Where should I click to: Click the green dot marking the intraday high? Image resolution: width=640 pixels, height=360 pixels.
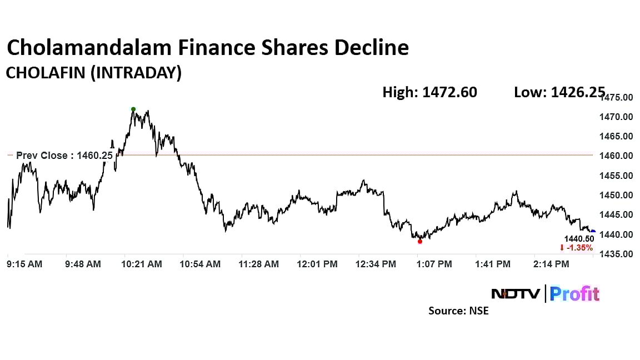(x=133, y=109)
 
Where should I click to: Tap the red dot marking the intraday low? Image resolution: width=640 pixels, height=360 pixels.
(x=420, y=241)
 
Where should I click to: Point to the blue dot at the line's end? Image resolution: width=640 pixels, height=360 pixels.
(x=593, y=232)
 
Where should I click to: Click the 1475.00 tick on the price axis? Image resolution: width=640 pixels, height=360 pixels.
(x=618, y=98)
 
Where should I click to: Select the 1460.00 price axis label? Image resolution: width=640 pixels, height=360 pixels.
(x=618, y=156)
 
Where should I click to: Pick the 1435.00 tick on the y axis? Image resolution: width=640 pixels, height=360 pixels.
(x=618, y=254)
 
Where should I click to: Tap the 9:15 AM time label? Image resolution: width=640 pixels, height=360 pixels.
(x=24, y=264)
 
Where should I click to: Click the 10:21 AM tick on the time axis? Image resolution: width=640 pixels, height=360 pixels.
(x=142, y=264)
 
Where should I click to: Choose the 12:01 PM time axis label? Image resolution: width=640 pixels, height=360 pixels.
(x=318, y=264)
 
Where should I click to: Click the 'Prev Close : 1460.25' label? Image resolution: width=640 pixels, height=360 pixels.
(x=64, y=156)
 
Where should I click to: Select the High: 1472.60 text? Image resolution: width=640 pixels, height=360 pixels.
(x=429, y=92)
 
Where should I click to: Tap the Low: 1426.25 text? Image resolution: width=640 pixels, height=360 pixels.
(x=559, y=92)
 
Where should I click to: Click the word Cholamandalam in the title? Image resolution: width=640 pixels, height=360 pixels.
(x=89, y=48)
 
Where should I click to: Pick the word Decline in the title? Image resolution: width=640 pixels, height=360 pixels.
(x=371, y=48)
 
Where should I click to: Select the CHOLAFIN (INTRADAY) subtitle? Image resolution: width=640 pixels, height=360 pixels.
(x=93, y=73)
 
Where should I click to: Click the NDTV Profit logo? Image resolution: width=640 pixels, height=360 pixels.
(x=546, y=293)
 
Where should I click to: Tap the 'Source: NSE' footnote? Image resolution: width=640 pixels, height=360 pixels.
(x=458, y=311)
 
